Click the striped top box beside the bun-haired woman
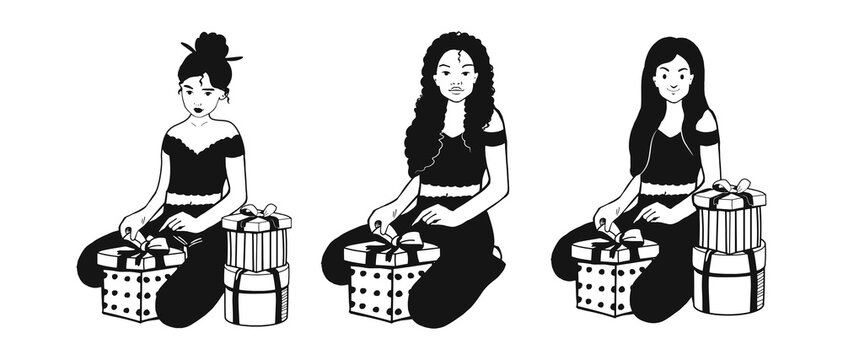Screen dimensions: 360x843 point(256,243)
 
